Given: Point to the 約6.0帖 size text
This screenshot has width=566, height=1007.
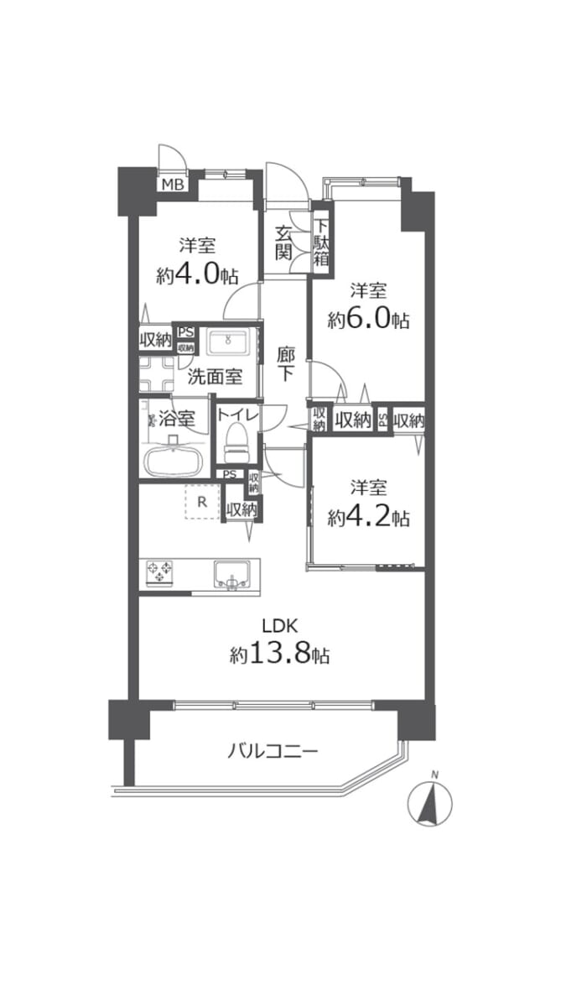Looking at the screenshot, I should click(369, 320).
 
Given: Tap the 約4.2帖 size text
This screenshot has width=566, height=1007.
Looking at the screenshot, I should click(369, 518).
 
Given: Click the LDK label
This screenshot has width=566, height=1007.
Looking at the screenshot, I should click(279, 625).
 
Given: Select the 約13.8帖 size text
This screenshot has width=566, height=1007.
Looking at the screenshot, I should click(279, 655).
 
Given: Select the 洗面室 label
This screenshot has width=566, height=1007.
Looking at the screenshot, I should click(215, 377).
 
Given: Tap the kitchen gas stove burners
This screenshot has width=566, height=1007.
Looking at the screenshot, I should click(161, 574).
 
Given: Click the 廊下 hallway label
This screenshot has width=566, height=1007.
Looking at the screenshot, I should click(285, 363).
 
